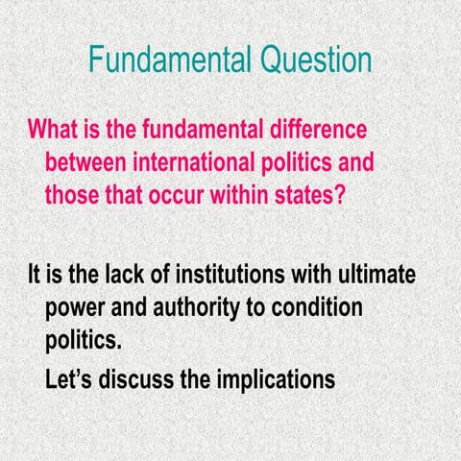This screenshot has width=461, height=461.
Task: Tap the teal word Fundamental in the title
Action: pos(161,61)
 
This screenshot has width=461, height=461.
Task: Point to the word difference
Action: pos(313,128)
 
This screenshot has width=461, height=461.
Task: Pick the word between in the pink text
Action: pos(84,160)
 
